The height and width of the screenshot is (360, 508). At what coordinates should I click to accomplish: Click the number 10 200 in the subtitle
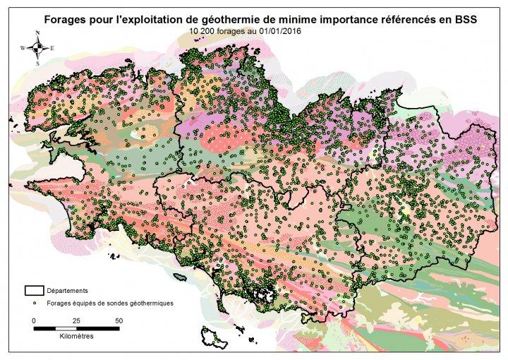tap(203, 32)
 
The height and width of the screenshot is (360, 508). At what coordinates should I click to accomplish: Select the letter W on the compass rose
tap(24, 48)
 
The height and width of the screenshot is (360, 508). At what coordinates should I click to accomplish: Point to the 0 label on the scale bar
tap(34, 320)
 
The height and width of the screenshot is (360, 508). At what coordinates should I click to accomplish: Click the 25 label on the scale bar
tap(76, 320)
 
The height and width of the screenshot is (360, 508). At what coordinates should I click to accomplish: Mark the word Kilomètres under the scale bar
tap(76, 337)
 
